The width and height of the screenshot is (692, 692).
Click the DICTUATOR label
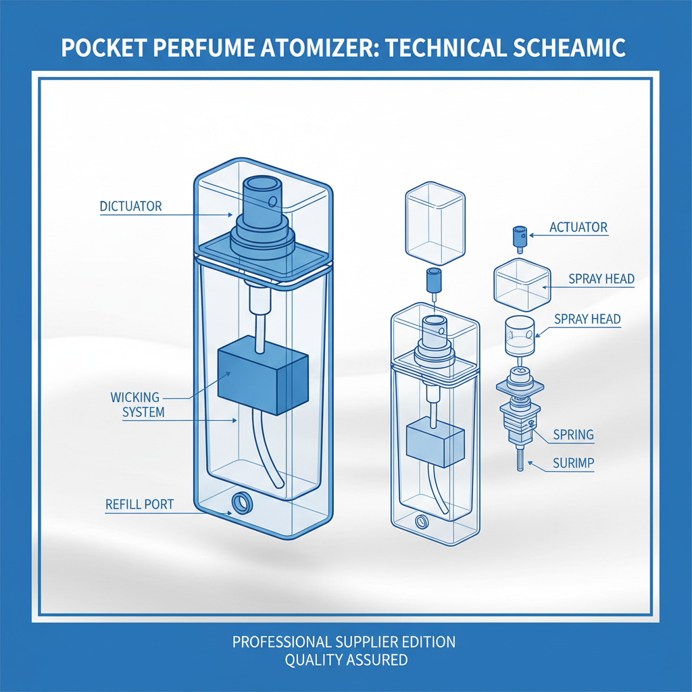click(x=130, y=206)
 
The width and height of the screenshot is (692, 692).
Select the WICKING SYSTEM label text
click(x=139, y=404)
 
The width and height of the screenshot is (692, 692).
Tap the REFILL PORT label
click(x=139, y=504)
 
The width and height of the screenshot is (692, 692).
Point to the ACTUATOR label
click(x=579, y=227)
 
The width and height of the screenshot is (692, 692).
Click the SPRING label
click(x=573, y=435)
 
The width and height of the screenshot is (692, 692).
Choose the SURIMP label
click(x=574, y=464)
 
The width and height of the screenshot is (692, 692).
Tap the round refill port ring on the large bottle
click(x=240, y=503)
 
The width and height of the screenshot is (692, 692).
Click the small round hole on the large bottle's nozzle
click(x=272, y=201)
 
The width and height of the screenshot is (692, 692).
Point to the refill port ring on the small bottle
click(x=423, y=522)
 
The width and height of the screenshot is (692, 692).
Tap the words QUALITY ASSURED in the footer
click(x=346, y=660)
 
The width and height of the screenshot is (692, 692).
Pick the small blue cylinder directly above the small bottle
click(x=432, y=280)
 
